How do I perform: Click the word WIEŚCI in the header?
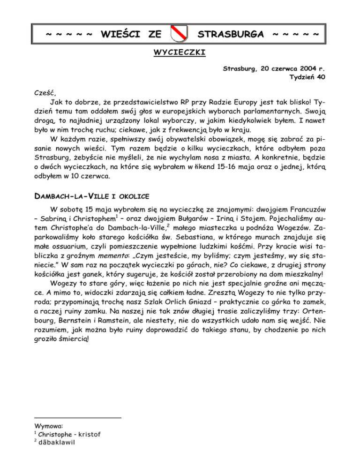(x=121, y=34)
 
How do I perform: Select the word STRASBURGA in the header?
(x=232, y=34)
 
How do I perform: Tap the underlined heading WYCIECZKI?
(x=180, y=53)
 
